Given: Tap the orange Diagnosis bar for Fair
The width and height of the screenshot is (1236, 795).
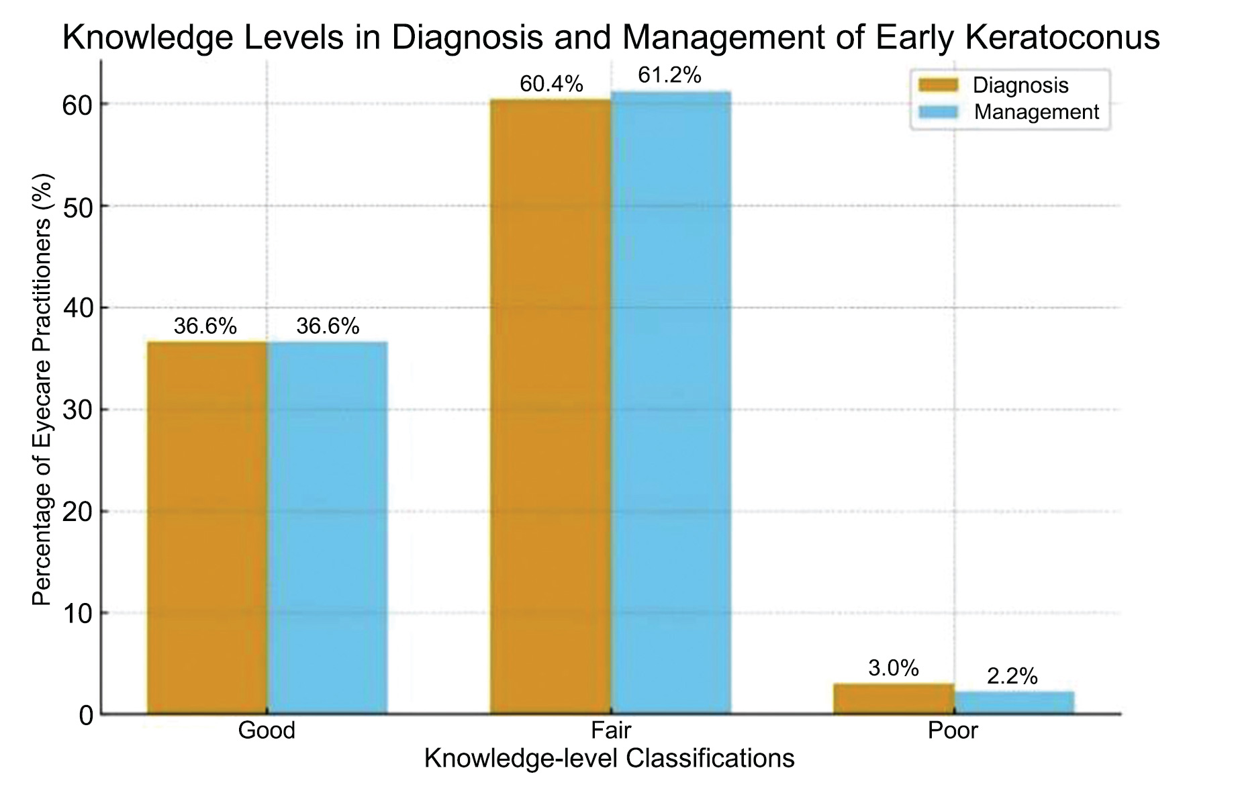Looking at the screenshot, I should (550, 406).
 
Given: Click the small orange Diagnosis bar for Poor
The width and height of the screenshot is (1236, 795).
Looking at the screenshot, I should (894, 699).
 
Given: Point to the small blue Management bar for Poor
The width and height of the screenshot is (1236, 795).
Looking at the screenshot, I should (1014, 702).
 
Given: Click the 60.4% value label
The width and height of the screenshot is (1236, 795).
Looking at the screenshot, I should (551, 85).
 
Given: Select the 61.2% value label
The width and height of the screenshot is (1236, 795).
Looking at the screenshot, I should (669, 75).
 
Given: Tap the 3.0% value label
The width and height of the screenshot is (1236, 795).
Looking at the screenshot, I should (893, 668).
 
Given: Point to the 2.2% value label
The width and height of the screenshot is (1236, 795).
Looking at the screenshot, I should (1012, 677).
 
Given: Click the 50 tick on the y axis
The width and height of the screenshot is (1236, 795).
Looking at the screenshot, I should (77, 206).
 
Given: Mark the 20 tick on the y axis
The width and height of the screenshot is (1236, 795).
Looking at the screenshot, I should (77, 512).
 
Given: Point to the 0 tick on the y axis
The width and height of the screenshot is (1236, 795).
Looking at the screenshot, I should (85, 716).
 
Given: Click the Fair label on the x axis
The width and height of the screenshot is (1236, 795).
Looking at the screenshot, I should (611, 731).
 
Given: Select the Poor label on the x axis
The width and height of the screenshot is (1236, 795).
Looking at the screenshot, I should (953, 731).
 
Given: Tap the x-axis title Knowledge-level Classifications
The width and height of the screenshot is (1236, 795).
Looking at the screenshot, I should (610, 759).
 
